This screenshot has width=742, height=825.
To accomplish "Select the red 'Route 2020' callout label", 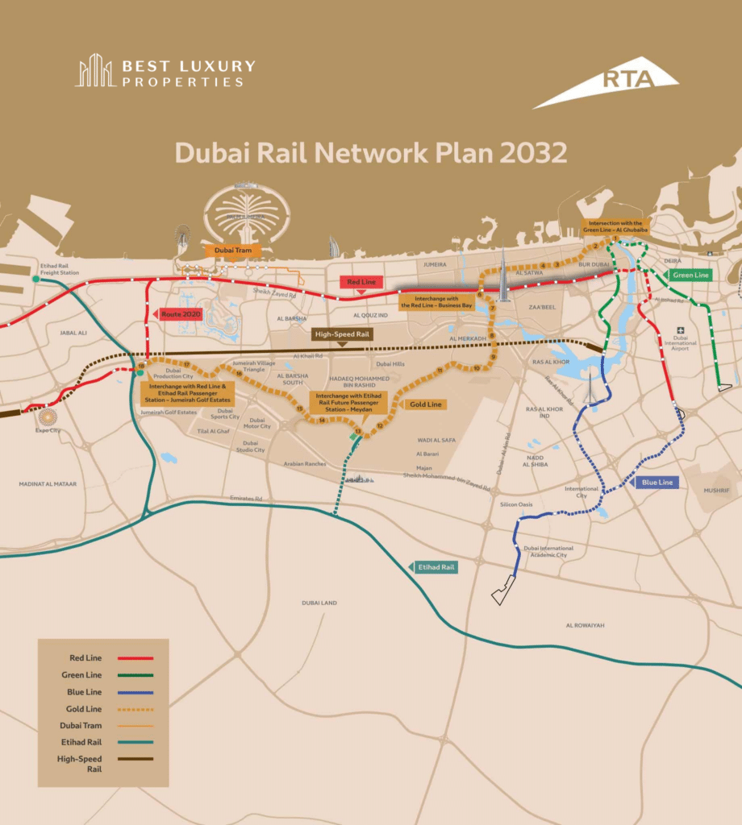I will coord(181,313).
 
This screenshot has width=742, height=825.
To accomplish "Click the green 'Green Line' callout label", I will coord(690,275).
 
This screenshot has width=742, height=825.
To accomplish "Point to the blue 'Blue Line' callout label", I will coord(657,482).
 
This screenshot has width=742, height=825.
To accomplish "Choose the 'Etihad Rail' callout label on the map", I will coord(436,567).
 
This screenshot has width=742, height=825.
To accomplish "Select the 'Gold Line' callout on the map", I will coord(425,404).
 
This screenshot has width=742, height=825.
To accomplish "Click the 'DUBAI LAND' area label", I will coord(319,603).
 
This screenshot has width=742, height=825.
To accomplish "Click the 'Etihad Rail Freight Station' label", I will coord(59,270).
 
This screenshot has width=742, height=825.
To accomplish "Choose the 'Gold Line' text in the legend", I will coord(81,709).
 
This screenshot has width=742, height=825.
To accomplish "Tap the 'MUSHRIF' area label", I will coord(716,490).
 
